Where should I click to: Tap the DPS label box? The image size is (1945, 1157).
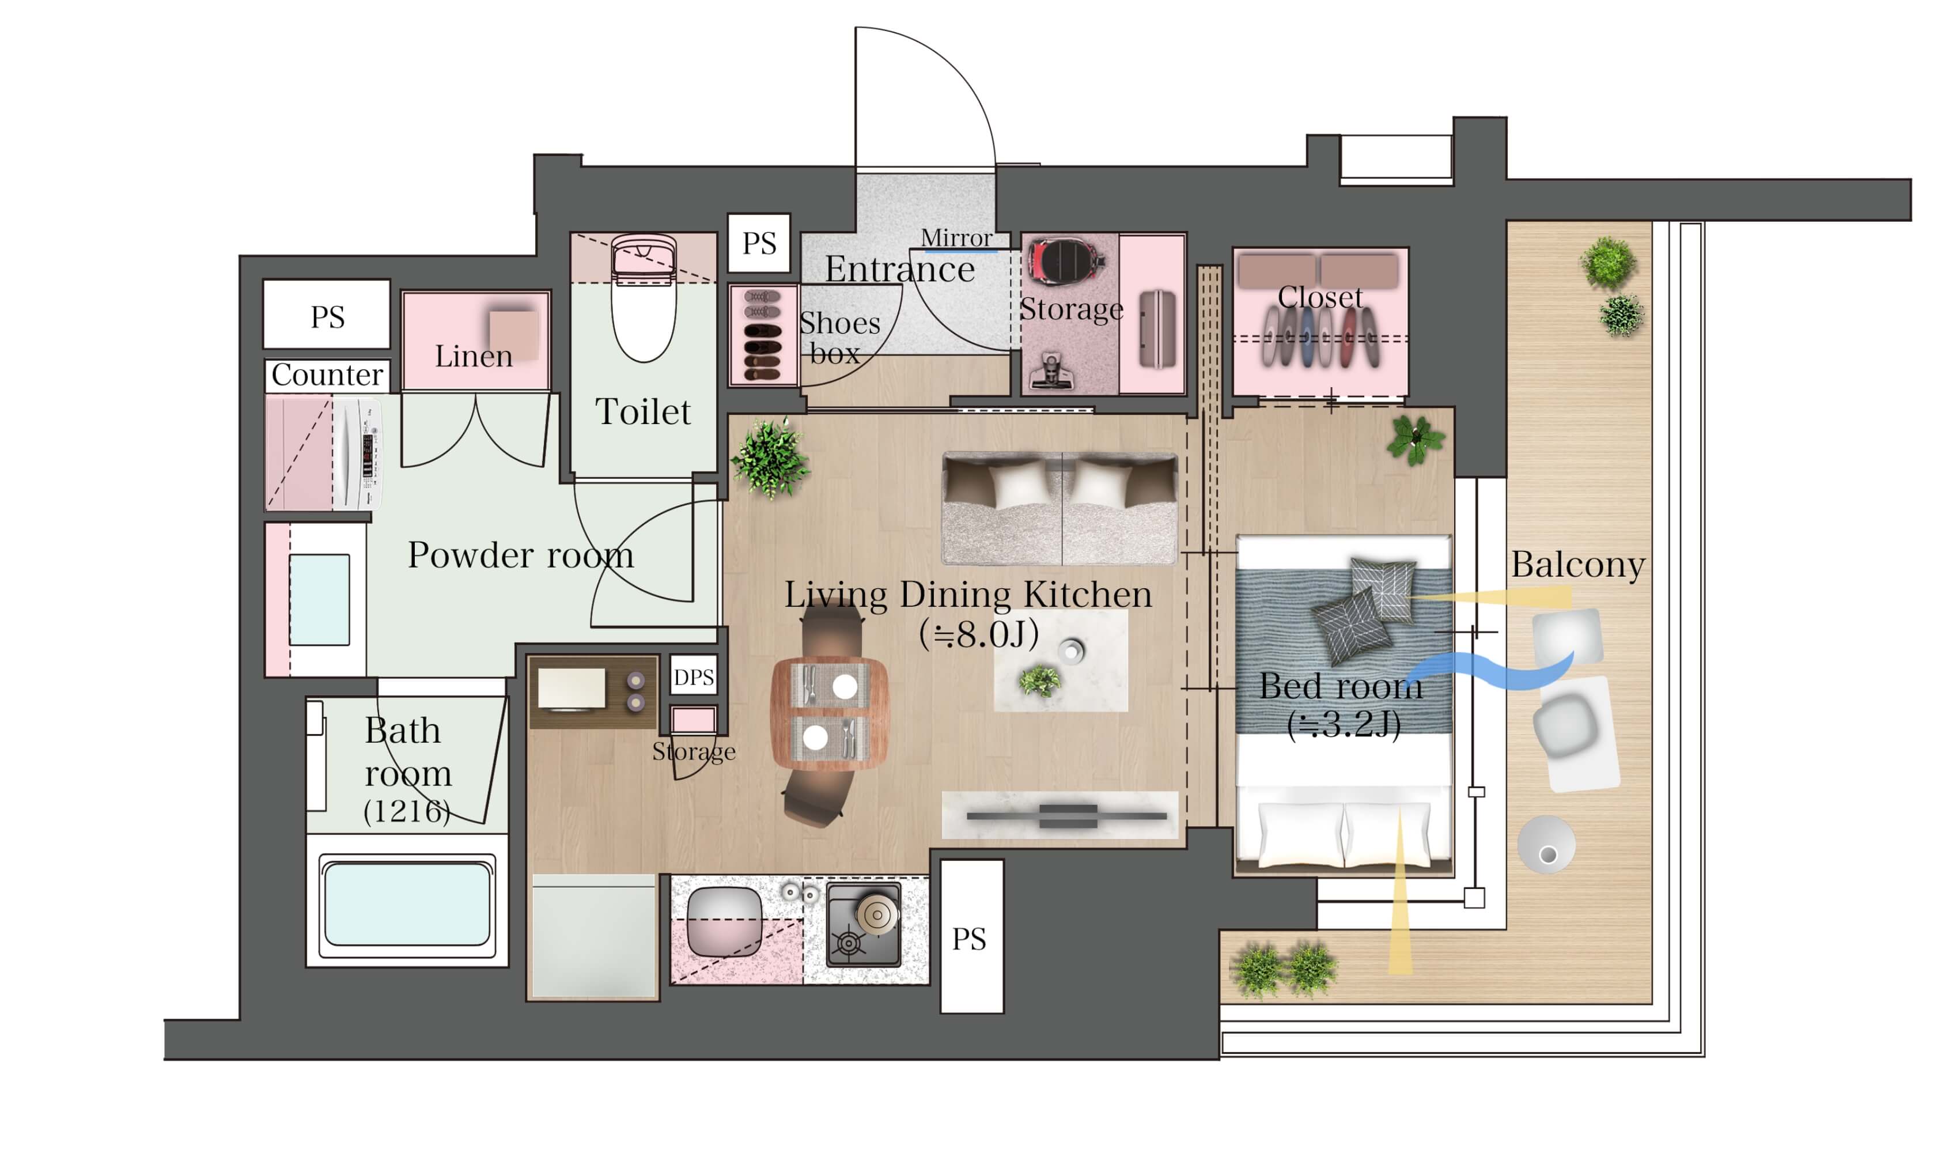[x=693, y=676]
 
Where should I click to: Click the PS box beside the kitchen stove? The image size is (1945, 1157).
[x=971, y=936]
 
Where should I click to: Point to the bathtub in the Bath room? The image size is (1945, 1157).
[x=407, y=905]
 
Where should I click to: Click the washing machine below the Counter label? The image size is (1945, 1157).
[x=358, y=454]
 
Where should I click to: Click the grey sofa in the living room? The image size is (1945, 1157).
[x=1059, y=508]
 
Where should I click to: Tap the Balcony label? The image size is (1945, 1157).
[x=1578, y=565]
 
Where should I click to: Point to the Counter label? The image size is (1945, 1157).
[x=327, y=375]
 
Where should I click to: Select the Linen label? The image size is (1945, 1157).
[x=473, y=356]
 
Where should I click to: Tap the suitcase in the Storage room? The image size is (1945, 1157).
[x=1157, y=329]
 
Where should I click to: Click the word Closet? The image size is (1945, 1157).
[x=1320, y=297]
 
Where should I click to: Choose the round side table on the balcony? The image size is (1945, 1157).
[x=1547, y=844]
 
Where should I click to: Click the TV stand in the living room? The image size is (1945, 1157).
[x=1060, y=815]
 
